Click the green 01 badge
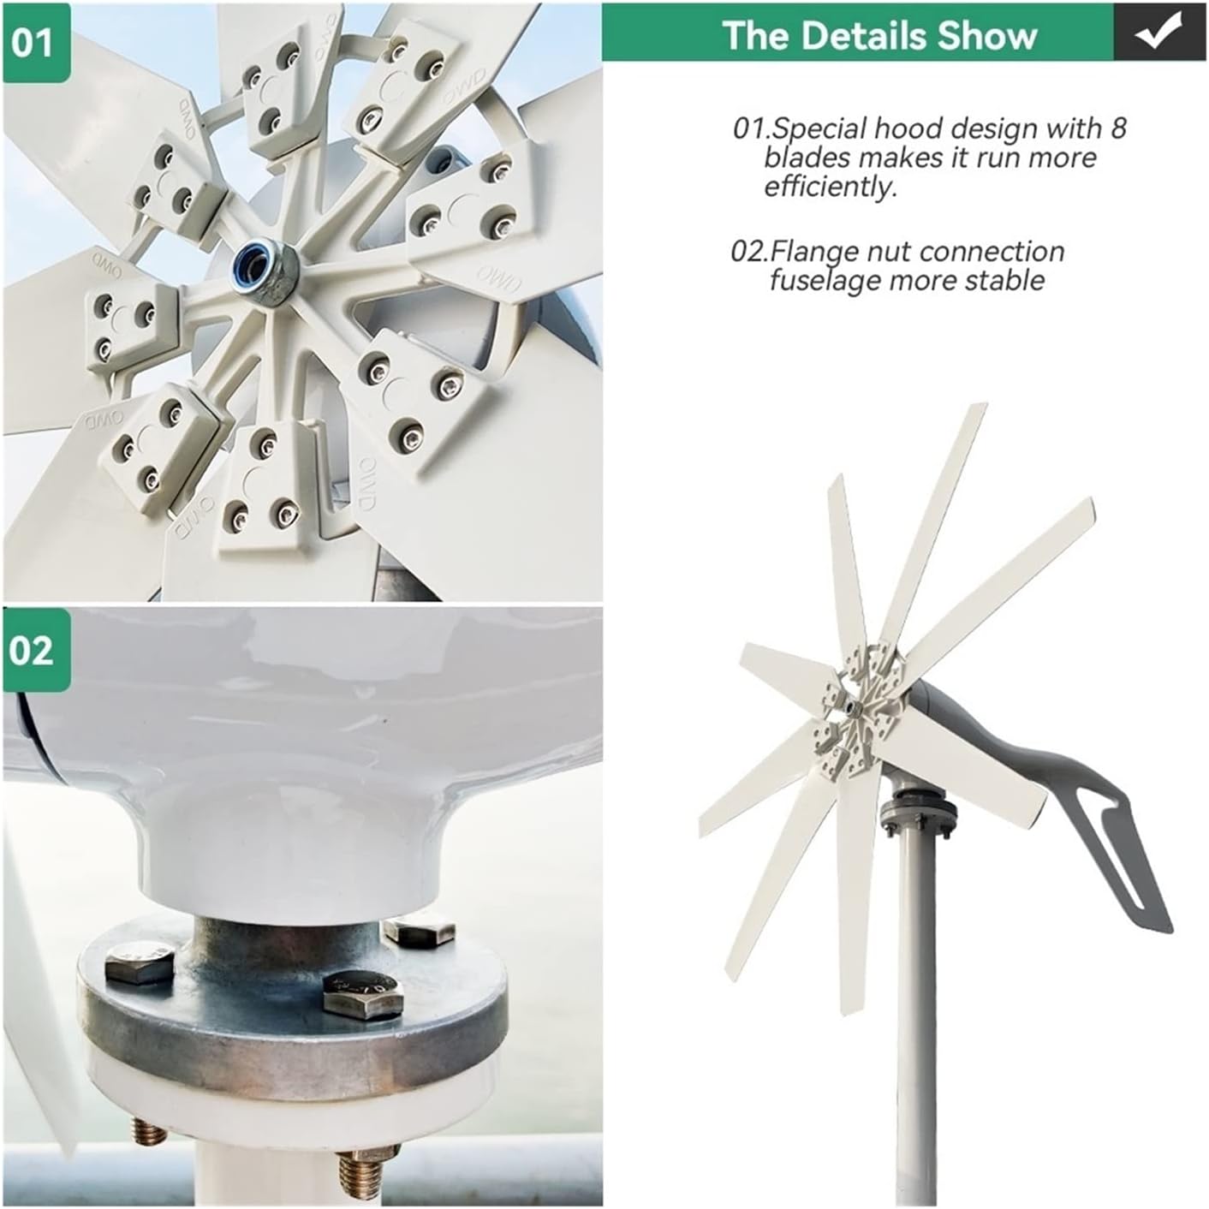tap(35, 43)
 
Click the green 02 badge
tap(35, 650)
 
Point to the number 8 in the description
tap(1118, 128)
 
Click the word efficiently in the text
tap(830, 187)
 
